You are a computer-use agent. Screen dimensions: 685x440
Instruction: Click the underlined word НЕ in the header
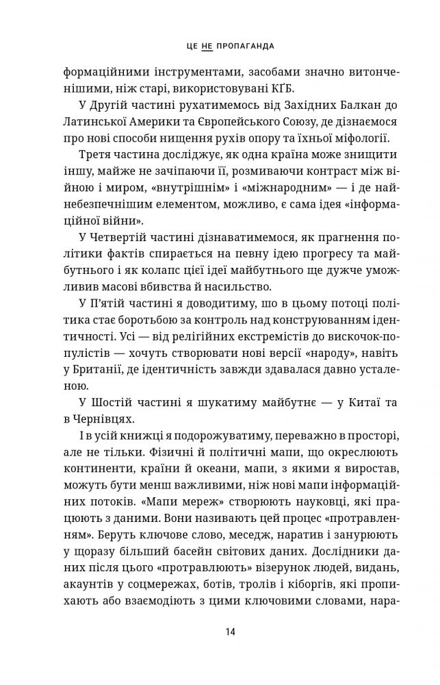pyautogui.click(x=208, y=46)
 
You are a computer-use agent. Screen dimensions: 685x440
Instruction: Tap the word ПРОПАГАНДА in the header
pyautogui.click(x=244, y=46)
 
